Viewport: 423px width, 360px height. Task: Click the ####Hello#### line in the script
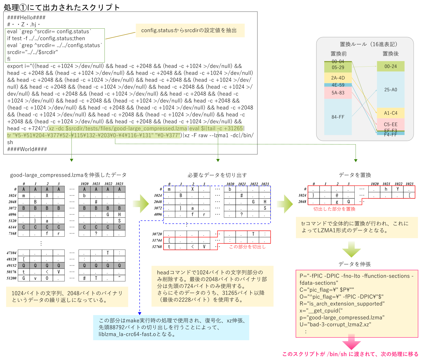point(26,18)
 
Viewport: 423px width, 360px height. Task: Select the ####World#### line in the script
point(27,149)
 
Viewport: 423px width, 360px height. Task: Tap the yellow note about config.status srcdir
point(190,30)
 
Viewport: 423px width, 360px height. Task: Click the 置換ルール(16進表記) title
point(368,44)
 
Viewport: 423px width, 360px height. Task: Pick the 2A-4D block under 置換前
point(338,78)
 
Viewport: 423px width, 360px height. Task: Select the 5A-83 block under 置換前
point(338,93)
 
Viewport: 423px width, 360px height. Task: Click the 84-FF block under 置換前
point(338,117)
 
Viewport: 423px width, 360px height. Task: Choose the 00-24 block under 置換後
point(391,66)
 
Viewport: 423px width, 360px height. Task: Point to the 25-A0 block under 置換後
point(391,90)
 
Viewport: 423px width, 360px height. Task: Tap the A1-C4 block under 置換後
point(391,113)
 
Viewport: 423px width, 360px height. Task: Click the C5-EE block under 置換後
point(391,124)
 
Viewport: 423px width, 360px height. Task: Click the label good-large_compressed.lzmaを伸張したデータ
point(68,175)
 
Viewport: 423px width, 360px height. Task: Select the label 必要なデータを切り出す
point(217,175)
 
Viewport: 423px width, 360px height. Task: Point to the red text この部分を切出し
point(247,247)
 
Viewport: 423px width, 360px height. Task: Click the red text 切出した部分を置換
point(334,209)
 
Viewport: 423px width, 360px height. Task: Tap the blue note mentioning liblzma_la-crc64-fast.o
point(171,327)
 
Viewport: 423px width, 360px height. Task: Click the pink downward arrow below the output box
point(351,342)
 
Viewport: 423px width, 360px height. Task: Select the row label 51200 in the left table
point(12,278)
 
